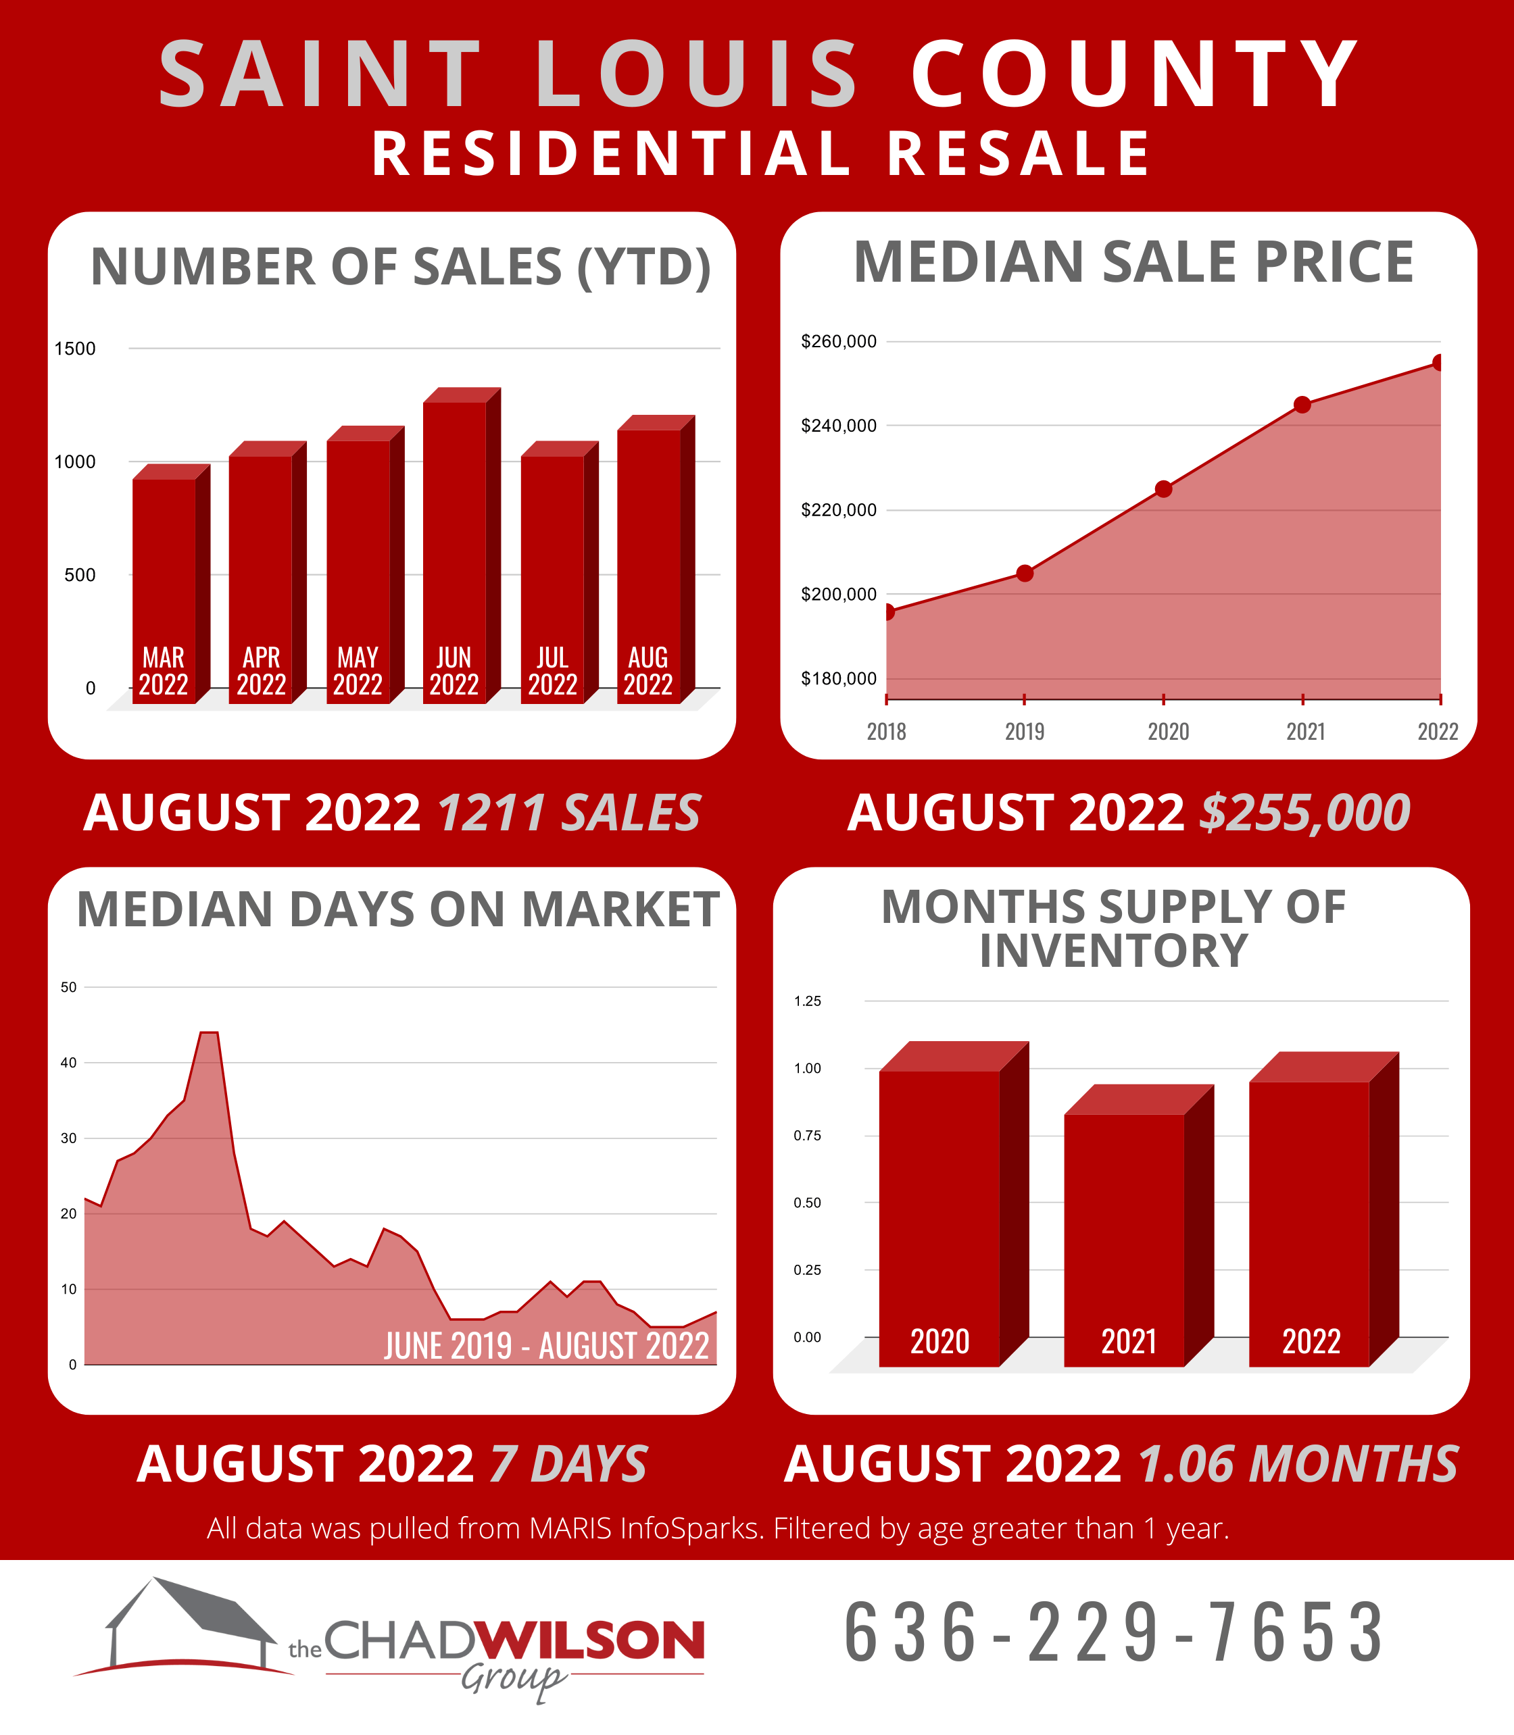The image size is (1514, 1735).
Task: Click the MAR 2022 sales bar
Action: tap(164, 583)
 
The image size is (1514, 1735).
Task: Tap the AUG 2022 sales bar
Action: tap(649, 557)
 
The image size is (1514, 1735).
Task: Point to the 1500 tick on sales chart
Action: tap(75, 349)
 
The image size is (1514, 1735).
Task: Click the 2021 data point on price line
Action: tap(1302, 405)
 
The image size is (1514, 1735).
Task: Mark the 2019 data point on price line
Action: tap(1024, 574)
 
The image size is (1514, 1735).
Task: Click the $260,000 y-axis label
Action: tap(838, 341)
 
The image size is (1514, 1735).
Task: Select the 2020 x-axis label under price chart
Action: tap(1168, 732)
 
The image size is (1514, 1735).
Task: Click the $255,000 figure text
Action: tap(1304, 813)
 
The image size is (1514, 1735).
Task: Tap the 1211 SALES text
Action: tap(568, 813)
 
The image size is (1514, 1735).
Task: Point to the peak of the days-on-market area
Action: tap(208, 1033)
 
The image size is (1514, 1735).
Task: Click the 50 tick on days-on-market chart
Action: tap(68, 986)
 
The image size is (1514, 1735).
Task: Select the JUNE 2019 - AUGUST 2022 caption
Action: tap(546, 1346)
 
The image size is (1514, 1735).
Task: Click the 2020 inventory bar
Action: tap(939, 1216)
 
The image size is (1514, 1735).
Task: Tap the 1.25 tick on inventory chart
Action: tap(807, 1001)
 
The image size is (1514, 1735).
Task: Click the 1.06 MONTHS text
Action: tap(1298, 1464)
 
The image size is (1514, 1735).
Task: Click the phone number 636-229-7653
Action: tap(1114, 1633)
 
